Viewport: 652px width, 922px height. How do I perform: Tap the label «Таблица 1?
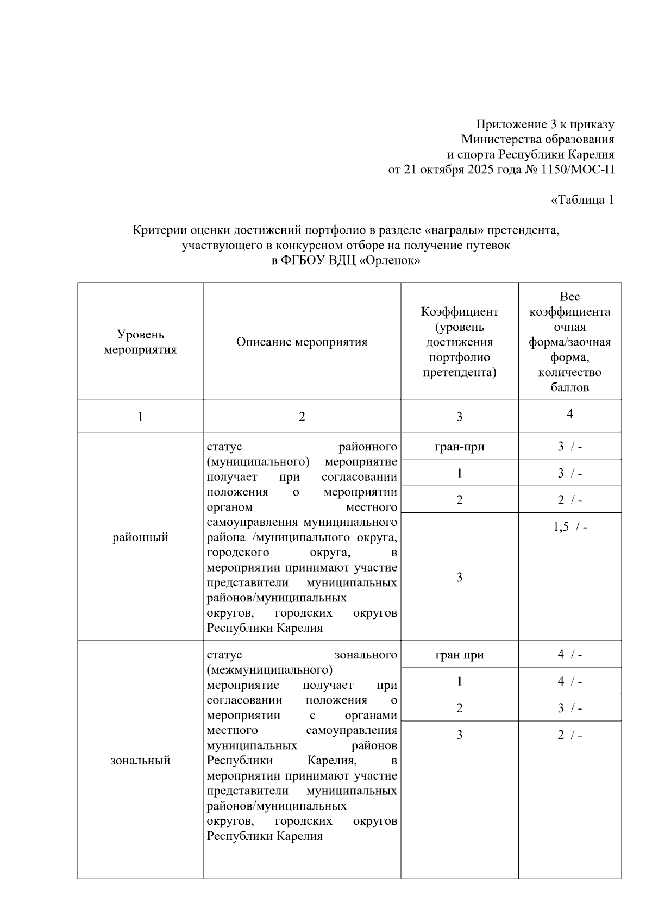[582, 200]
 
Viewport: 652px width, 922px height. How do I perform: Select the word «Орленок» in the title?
[391, 260]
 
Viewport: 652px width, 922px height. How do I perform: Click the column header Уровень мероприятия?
[140, 342]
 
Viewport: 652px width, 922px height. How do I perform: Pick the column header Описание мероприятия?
[302, 342]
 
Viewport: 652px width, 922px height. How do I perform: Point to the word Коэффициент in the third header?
[459, 312]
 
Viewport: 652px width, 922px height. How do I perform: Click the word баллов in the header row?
[569, 388]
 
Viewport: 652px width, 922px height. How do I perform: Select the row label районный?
[140, 537]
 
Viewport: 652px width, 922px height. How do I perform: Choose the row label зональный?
[140, 760]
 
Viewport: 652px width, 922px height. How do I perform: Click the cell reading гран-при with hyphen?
[459, 447]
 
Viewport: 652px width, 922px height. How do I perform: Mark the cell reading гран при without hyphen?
[459, 655]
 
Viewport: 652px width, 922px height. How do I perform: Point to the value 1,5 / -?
[569, 527]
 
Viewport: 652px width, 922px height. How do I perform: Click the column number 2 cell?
[302, 417]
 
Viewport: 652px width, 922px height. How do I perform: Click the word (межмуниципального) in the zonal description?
[269, 669]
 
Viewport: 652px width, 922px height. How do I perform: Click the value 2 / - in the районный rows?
[569, 500]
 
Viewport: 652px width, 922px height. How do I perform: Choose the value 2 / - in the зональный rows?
[569, 735]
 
